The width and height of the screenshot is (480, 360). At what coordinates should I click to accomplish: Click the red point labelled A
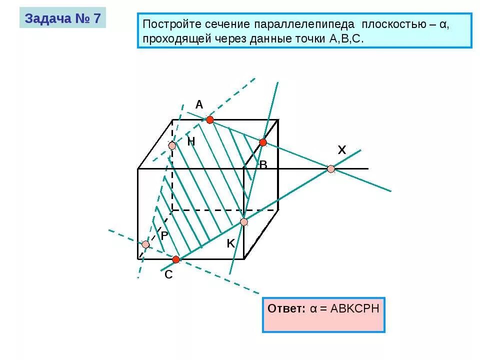(210, 119)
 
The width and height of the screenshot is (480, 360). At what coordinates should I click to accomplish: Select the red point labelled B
(263, 142)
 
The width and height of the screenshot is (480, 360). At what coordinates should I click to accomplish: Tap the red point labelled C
(176, 259)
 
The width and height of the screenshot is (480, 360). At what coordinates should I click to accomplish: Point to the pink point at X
(331, 169)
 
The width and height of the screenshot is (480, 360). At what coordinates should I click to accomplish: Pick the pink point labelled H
(172, 145)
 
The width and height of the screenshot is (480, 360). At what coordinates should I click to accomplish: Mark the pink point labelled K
(243, 222)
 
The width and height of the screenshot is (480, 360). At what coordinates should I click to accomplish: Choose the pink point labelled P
(145, 244)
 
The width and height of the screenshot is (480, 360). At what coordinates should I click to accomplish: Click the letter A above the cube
(199, 104)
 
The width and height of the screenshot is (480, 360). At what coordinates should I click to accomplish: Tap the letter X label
(341, 149)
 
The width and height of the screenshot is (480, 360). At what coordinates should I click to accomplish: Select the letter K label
(230, 243)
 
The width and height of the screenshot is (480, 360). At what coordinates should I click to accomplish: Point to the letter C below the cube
(168, 274)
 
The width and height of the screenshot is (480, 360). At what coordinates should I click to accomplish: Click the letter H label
(191, 141)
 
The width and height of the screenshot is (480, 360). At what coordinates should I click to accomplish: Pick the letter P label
(164, 234)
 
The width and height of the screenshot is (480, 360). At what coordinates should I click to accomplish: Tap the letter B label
(263, 164)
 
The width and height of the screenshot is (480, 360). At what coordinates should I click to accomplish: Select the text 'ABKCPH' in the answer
(353, 308)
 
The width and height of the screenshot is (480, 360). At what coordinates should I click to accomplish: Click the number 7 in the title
(96, 18)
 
